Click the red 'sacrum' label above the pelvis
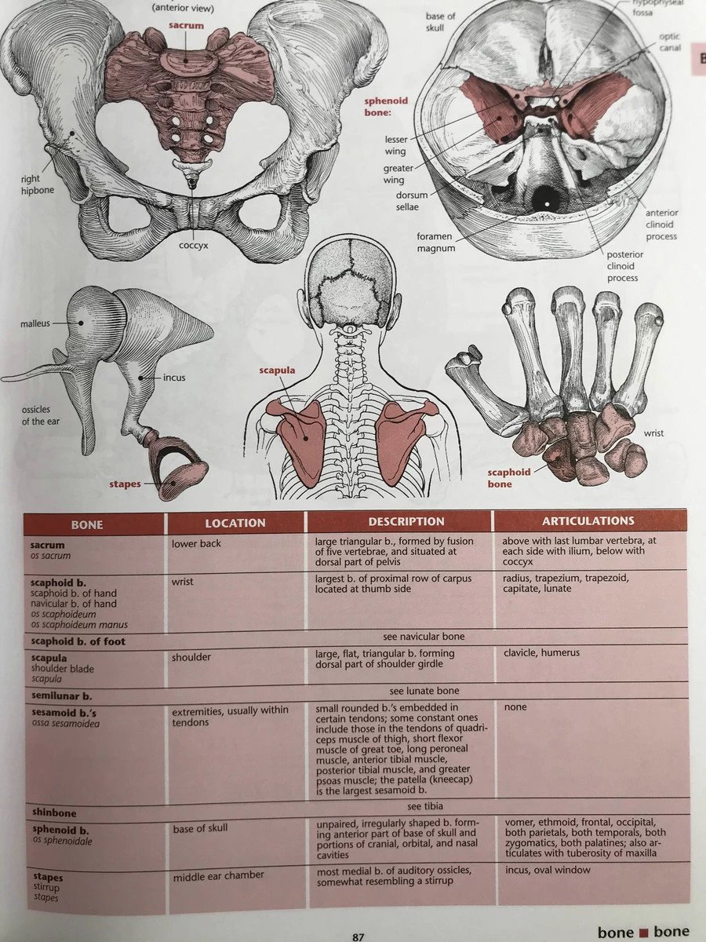tap(185, 26)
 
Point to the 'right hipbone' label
tap(37, 184)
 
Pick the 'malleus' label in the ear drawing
tap(35, 323)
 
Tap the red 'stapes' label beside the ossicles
tap(125, 484)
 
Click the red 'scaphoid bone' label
tap(509, 478)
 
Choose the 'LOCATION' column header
tap(235, 522)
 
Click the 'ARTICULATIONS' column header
tap(588, 520)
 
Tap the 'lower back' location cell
tap(196, 543)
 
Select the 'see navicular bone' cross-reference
tap(424, 636)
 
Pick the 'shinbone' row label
tap(54, 812)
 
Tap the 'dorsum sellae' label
tap(401, 202)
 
